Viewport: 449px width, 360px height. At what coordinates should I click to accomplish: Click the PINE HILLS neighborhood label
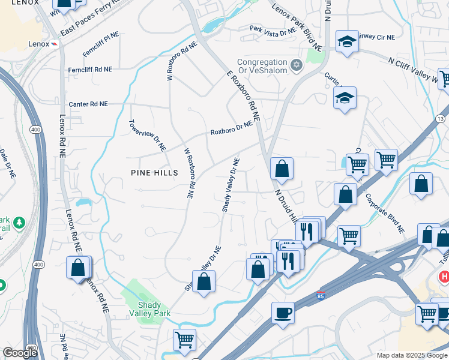click(x=154, y=173)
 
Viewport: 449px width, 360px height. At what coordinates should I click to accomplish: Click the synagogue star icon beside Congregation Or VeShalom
click(x=295, y=64)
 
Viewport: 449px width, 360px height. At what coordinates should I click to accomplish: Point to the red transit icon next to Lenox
click(x=54, y=44)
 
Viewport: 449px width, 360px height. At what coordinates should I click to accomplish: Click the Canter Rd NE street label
click(x=88, y=104)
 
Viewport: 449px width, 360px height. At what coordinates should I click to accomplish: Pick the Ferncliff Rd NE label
click(x=89, y=70)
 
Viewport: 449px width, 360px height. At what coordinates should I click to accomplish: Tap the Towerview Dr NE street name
click(x=147, y=135)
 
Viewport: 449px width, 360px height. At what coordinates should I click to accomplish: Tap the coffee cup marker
click(x=283, y=313)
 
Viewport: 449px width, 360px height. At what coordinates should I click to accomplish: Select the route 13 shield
click(x=441, y=119)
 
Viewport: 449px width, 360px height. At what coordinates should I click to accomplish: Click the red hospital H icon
click(x=444, y=277)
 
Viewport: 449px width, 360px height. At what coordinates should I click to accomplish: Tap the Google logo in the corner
click(x=20, y=353)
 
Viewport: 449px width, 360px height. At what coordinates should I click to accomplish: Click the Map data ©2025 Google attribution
click(x=411, y=355)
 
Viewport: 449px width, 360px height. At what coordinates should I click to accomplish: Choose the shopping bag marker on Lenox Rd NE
click(x=78, y=267)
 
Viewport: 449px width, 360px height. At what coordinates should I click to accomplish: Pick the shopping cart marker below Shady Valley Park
click(x=184, y=340)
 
